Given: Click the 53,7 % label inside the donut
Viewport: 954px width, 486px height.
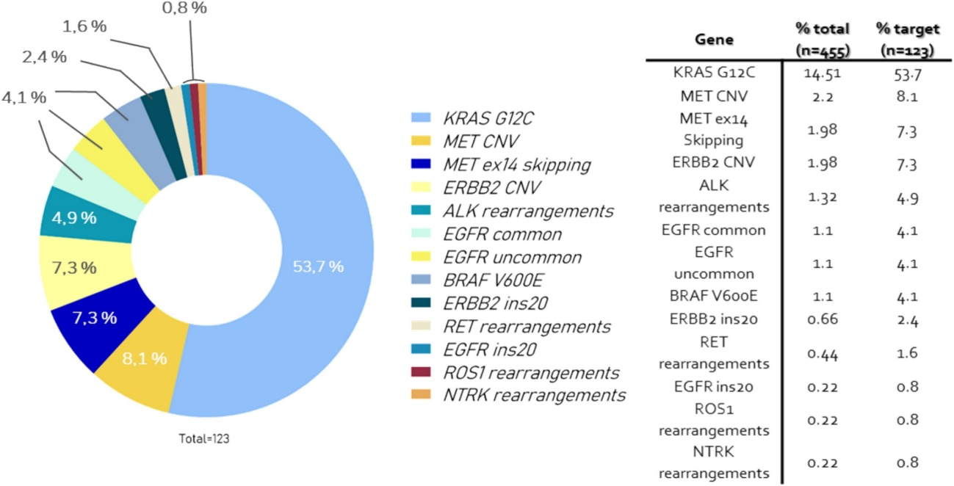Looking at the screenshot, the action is tap(318, 266).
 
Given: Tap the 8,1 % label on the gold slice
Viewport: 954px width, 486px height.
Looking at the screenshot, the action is tap(145, 358).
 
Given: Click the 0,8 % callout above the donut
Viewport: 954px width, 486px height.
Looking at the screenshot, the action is tap(184, 7).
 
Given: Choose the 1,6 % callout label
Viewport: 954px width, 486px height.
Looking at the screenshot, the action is tap(84, 26).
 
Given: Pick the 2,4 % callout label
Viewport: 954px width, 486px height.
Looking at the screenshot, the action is tap(44, 57).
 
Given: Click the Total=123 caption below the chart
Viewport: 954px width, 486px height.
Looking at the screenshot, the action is tap(204, 438).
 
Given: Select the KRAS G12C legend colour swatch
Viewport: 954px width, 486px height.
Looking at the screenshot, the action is tap(421, 117).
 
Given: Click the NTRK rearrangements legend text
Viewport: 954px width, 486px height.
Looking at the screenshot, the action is tap(534, 396).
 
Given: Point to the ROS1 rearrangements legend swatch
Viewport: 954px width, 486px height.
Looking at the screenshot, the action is tap(421, 372).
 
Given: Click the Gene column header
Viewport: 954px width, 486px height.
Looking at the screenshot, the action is tap(715, 40).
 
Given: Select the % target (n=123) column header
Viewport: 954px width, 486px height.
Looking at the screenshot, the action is tap(907, 40).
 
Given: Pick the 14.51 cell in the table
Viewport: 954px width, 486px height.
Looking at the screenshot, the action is tap(823, 73).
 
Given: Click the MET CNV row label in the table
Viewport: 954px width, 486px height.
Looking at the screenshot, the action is tap(714, 96).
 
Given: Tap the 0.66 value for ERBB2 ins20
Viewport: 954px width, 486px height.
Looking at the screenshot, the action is tap(823, 319).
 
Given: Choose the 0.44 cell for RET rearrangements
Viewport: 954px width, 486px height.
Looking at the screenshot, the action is tap(823, 354).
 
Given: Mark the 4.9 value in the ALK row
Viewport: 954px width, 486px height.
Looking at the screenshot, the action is tap(907, 198).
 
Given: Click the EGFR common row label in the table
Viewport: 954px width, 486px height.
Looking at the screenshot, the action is tap(714, 231).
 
